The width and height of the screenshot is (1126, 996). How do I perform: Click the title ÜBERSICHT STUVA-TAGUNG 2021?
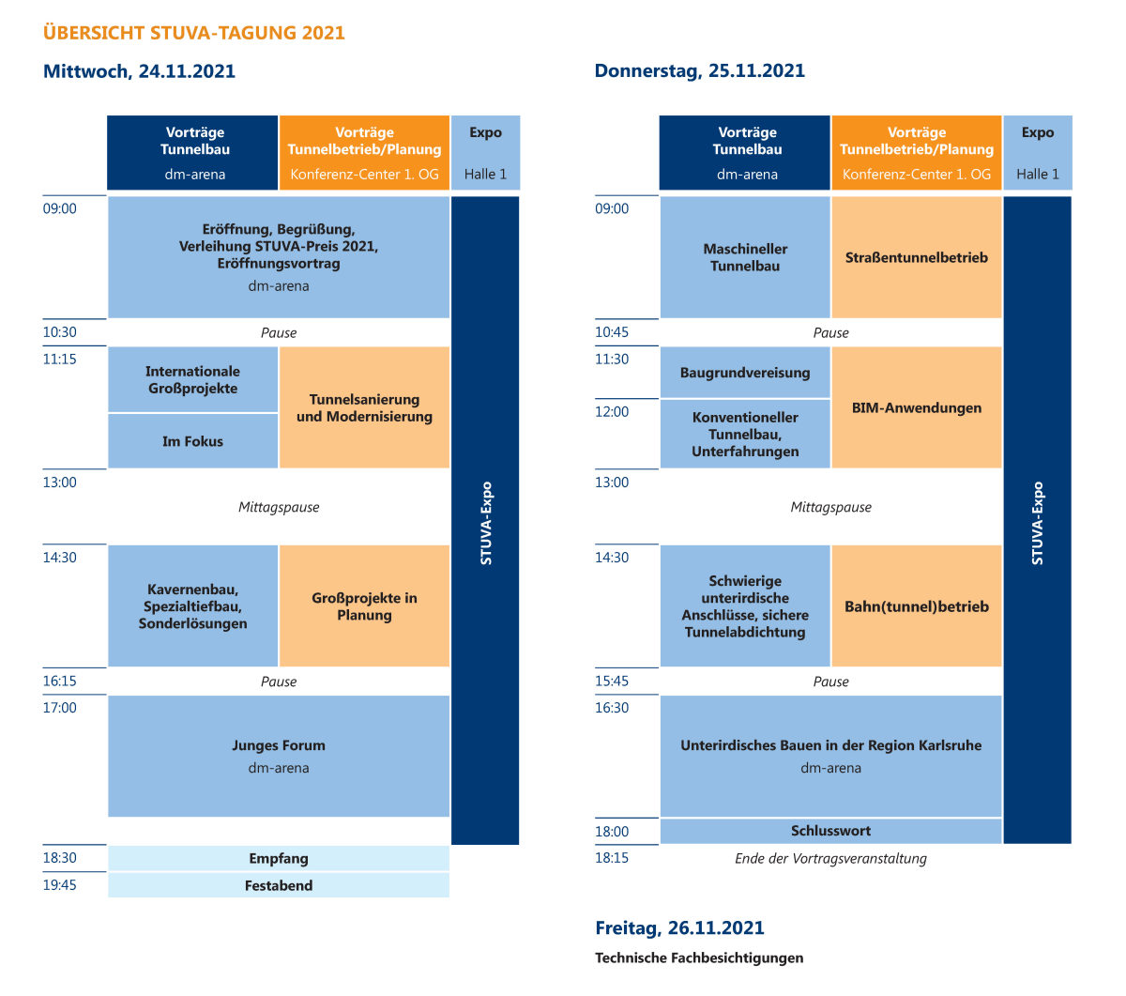coord(193,32)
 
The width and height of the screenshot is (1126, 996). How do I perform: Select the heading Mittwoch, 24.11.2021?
coord(139,71)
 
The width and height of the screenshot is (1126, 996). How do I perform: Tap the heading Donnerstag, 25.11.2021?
coord(699,70)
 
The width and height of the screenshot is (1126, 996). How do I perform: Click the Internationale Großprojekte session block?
coord(193,379)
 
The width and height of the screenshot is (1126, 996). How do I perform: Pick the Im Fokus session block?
coord(193,441)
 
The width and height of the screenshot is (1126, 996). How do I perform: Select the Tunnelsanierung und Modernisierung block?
coord(364,407)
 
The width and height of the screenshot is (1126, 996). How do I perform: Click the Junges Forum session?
coord(279,756)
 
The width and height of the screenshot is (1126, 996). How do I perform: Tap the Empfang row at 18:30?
coord(279,858)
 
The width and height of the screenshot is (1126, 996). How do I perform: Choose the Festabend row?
coord(279,885)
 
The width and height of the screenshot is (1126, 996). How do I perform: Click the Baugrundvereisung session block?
coord(745,372)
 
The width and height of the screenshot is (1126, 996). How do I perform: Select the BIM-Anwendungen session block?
coord(917,407)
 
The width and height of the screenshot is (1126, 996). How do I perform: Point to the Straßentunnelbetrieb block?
coord(917,257)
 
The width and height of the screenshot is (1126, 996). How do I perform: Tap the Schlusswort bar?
coord(830,831)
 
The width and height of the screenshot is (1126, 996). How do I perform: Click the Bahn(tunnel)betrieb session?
coord(917,605)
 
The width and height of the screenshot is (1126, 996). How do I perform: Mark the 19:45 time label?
coord(59,885)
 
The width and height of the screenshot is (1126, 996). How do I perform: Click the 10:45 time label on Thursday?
coord(612,332)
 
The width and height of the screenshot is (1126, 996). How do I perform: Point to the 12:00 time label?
coord(612,411)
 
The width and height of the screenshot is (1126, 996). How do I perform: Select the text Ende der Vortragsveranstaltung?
coord(830,858)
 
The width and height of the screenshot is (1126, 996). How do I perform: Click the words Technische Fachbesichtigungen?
coord(699,958)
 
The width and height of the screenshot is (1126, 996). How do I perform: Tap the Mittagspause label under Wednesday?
coord(279,507)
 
